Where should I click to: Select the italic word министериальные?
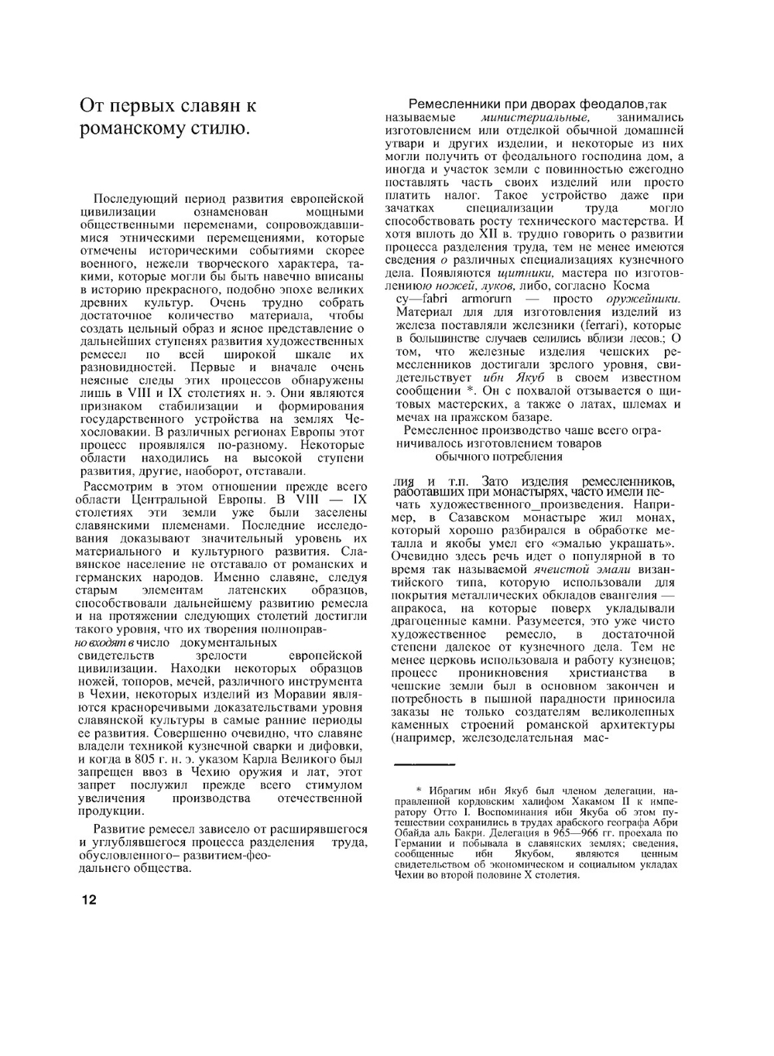[535, 118]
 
